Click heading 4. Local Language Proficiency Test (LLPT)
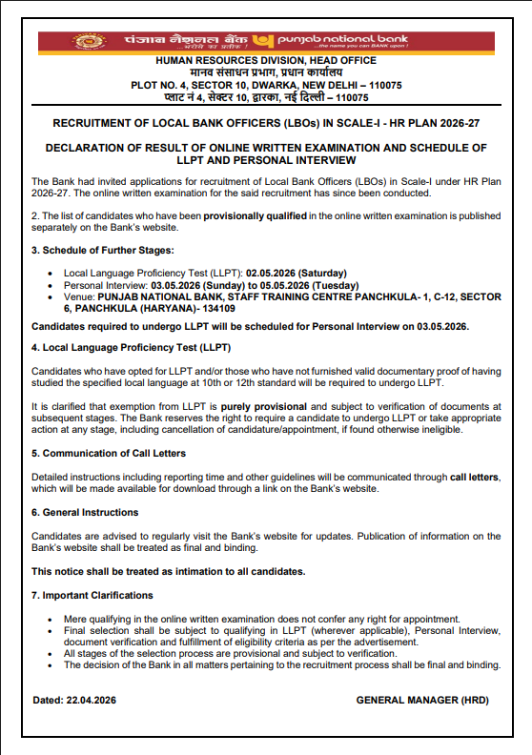[131, 347]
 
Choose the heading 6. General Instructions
[85, 512]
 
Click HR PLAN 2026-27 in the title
[449, 123]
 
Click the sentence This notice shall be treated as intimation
[168, 571]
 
